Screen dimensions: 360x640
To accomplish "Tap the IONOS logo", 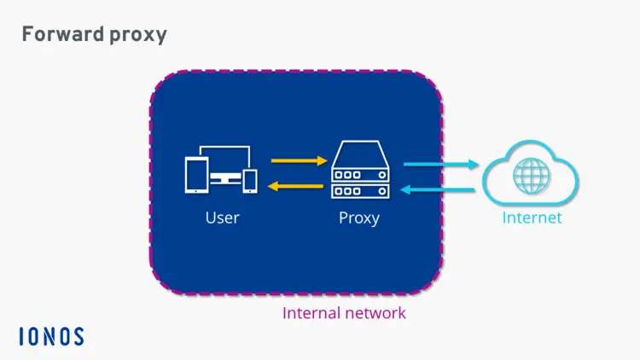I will point(51,336).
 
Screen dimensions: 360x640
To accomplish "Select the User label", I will point(222,218).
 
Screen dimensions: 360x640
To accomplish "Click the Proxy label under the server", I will point(359,218).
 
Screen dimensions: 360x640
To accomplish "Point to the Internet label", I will point(532,218).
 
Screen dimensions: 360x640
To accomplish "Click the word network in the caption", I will point(375,313).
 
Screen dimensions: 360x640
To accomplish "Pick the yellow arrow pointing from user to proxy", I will point(300,160).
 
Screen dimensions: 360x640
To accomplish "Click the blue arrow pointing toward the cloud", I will point(440,165).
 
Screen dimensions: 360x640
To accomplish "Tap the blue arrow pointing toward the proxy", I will point(440,189).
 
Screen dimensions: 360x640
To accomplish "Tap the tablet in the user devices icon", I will point(196,174).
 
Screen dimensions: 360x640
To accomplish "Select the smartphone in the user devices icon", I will point(250,180).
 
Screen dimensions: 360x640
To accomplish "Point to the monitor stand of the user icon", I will point(225,181).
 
